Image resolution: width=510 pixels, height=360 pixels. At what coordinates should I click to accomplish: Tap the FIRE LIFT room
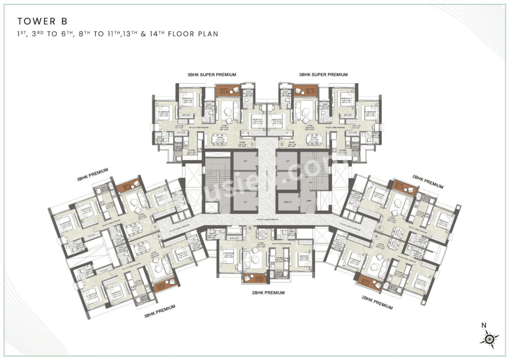(x=287, y=201)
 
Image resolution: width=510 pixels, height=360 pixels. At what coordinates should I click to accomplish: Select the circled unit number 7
(x=155, y=228)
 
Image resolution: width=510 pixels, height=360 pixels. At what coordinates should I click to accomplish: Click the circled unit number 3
(x=380, y=227)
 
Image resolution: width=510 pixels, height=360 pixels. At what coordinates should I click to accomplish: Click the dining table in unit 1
(x=220, y=138)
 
